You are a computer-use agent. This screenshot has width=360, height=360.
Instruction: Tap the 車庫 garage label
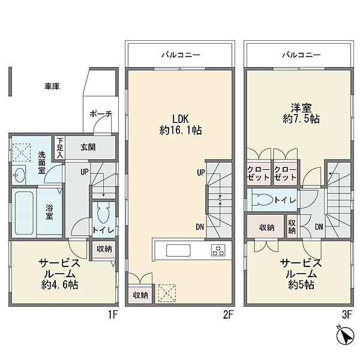click(52, 86)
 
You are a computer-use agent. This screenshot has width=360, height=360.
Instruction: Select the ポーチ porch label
click(101, 113)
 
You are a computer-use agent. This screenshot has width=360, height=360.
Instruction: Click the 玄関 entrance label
click(88, 147)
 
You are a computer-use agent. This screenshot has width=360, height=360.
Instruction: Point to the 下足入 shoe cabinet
click(60, 148)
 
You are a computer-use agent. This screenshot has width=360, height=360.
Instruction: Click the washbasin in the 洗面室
click(19, 175)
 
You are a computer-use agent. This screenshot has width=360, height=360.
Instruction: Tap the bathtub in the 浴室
click(24, 213)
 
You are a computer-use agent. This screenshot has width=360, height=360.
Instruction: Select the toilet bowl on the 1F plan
click(103, 212)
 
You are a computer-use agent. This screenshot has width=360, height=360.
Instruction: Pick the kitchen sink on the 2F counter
click(178, 250)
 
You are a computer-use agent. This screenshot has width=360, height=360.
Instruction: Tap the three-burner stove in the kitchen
click(218, 250)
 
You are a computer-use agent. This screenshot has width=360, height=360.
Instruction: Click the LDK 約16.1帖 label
click(181, 125)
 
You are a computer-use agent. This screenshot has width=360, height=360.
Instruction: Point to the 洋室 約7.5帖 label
click(301, 113)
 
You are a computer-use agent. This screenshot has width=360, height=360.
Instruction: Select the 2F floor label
click(228, 315)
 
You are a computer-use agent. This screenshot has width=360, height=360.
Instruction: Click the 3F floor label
click(347, 315)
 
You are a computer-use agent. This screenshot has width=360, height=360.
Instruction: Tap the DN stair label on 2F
click(200, 227)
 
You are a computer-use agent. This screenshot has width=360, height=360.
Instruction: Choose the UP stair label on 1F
click(85, 172)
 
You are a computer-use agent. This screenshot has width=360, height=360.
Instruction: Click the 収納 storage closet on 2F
click(140, 295)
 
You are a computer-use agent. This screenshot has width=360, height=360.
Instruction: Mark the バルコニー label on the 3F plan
click(301, 55)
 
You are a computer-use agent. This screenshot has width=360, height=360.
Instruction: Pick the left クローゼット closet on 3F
click(259, 174)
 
